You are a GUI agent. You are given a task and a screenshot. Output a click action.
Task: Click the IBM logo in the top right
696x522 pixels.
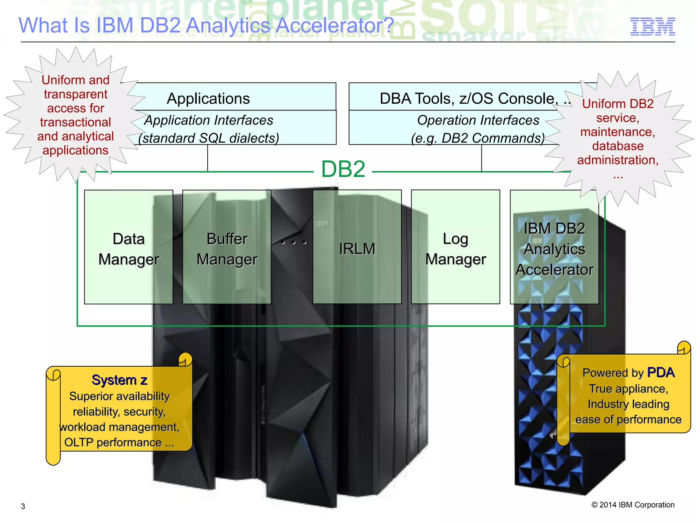(652, 27)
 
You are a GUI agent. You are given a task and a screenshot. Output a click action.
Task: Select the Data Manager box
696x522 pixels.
(128, 247)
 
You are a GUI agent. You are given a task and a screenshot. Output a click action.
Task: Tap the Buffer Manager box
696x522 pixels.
(227, 247)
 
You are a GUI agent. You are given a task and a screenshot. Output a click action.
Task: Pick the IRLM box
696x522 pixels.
(357, 247)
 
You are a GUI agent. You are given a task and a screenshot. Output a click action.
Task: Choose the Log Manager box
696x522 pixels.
(455, 247)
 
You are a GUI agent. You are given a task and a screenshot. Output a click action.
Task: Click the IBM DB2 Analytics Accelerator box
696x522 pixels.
(554, 247)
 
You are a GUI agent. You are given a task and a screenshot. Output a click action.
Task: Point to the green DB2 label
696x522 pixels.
(343, 169)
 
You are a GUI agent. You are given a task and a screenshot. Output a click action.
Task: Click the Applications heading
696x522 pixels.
(208, 99)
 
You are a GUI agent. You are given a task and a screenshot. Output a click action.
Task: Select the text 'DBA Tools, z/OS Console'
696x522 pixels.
(468, 99)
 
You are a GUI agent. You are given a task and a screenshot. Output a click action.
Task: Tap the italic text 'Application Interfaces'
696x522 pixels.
(209, 120)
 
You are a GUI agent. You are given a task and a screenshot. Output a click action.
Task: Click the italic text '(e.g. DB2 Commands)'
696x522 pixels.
(477, 138)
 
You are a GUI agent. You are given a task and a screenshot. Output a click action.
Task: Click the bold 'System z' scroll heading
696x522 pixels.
(119, 380)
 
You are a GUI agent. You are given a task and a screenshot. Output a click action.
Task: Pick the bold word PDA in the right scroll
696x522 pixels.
(660, 372)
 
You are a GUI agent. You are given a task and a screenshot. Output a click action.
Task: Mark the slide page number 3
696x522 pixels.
(23, 506)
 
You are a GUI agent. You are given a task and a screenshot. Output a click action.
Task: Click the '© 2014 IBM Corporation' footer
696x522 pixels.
(633, 505)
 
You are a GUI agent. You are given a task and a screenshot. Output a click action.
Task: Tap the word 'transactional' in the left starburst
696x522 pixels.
(75, 122)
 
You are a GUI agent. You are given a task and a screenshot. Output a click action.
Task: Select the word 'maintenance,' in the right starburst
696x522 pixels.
(617, 132)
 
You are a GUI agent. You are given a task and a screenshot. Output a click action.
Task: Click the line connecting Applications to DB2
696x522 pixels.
(208, 158)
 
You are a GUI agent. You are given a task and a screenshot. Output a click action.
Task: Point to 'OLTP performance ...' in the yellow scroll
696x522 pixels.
(119, 442)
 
